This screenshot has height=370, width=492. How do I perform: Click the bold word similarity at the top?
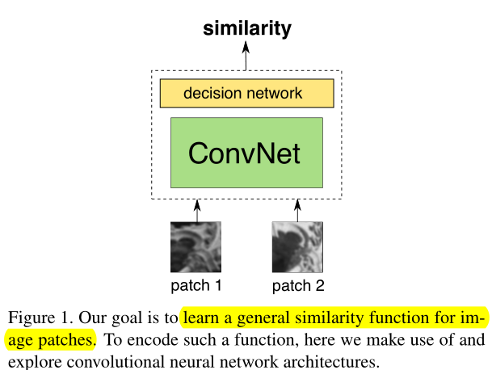246,30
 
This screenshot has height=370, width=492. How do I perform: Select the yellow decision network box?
246,94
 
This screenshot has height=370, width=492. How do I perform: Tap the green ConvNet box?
246,153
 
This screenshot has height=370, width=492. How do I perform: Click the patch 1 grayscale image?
196,247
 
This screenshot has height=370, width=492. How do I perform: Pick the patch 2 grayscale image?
296,247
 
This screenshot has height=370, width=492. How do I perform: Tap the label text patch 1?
196,286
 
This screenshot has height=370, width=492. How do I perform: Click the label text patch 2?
297,286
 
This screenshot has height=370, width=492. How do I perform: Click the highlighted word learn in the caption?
201,317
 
